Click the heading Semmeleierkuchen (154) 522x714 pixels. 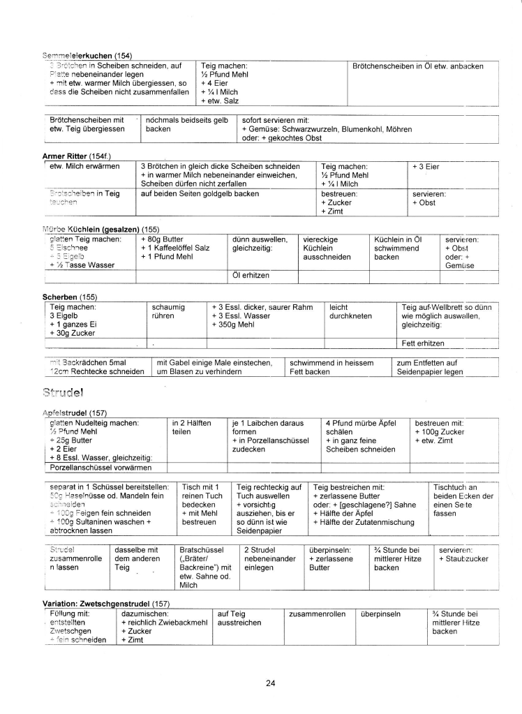(88, 55)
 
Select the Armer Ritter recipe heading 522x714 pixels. (77, 156)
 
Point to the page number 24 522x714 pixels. (270, 683)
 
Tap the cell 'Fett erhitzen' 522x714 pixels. (423, 343)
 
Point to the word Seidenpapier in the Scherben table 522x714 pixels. (425, 372)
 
